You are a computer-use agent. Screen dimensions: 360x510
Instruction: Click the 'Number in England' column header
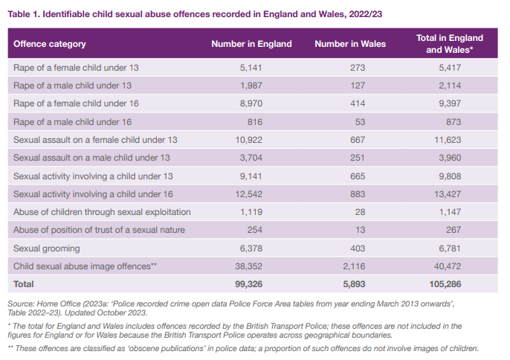tap(251, 44)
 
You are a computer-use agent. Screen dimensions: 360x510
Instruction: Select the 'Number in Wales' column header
tap(350, 44)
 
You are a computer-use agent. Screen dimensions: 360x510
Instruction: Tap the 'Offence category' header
tap(50, 44)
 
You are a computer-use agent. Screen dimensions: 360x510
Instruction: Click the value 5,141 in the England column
tap(251, 68)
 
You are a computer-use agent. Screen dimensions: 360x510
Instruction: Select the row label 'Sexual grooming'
tap(46, 248)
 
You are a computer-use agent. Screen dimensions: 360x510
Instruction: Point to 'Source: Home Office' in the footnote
tap(42, 303)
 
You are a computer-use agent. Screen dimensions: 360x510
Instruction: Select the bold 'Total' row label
tap(24, 284)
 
